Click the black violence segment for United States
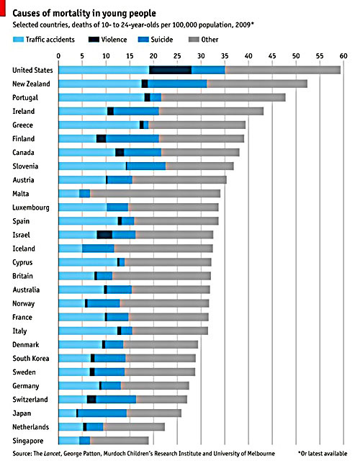(171, 70)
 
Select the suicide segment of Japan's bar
(102, 413)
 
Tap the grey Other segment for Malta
(156, 194)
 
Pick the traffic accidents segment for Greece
(99, 125)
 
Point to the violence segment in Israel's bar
(104, 235)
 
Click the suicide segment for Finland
(132, 138)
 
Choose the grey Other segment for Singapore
(120, 440)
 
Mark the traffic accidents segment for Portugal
(102, 97)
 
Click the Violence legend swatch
(94, 40)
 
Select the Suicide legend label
(161, 40)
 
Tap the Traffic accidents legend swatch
(18, 40)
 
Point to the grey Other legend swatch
(194, 40)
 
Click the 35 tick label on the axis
(225, 56)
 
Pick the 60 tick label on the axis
(343, 56)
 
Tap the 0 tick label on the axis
(58, 56)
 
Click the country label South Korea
(30, 358)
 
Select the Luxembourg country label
(31, 207)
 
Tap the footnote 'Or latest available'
(323, 453)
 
